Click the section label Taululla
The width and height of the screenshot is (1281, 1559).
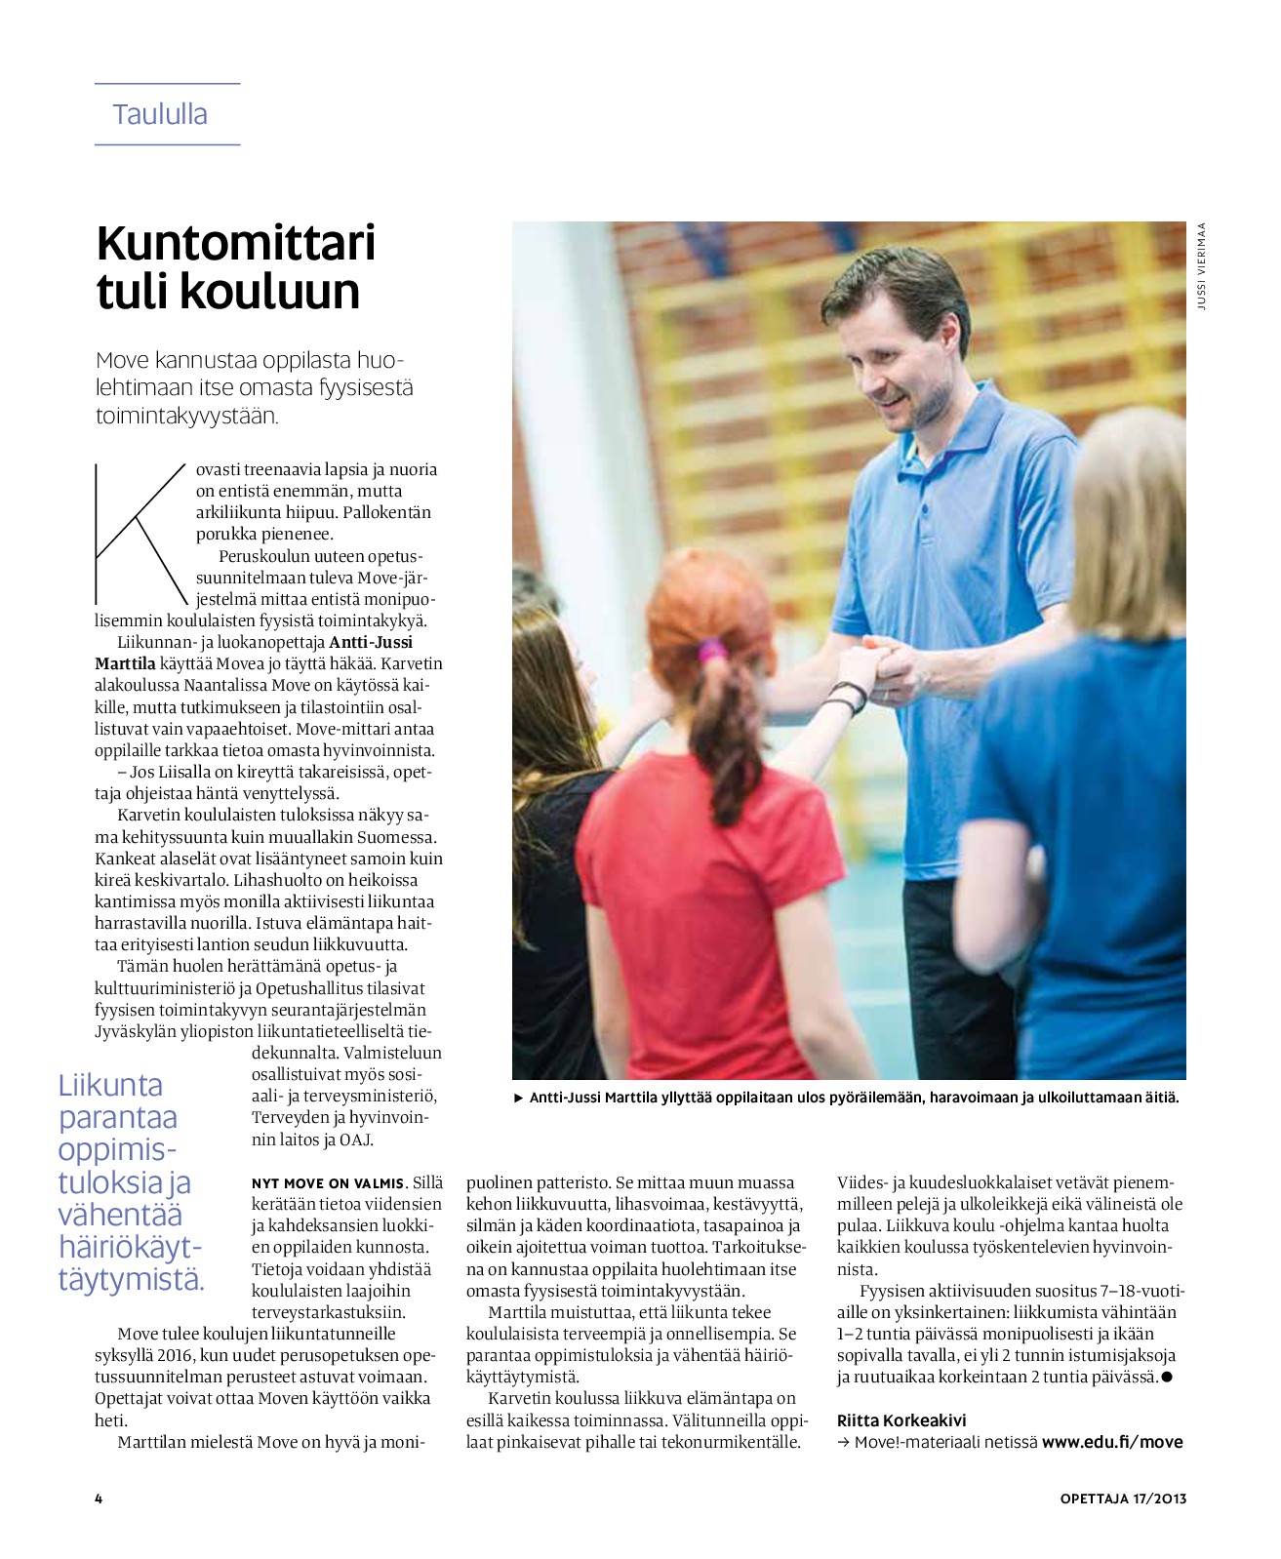(x=160, y=114)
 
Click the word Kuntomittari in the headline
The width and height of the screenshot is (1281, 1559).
(x=235, y=243)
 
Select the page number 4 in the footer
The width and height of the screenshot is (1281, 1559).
(x=99, y=1499)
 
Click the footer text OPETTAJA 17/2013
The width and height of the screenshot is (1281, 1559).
(x=1123, y=1499)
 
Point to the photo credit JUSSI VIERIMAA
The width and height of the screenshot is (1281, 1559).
(x=1202, y=266)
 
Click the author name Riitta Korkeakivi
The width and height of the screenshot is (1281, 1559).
(x=901, y=1420)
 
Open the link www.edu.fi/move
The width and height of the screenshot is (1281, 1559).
(x=1112, y=1442)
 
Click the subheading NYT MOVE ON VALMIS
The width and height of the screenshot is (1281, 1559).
(x=327, y=1183)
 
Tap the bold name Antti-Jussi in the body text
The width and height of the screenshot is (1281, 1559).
(x=371, y=642)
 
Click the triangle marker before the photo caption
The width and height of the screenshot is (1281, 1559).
(x=519, y=1098)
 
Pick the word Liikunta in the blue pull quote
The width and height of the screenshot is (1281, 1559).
(x=110, y=1085)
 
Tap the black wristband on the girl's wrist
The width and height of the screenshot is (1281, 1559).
(x=849, y=695)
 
